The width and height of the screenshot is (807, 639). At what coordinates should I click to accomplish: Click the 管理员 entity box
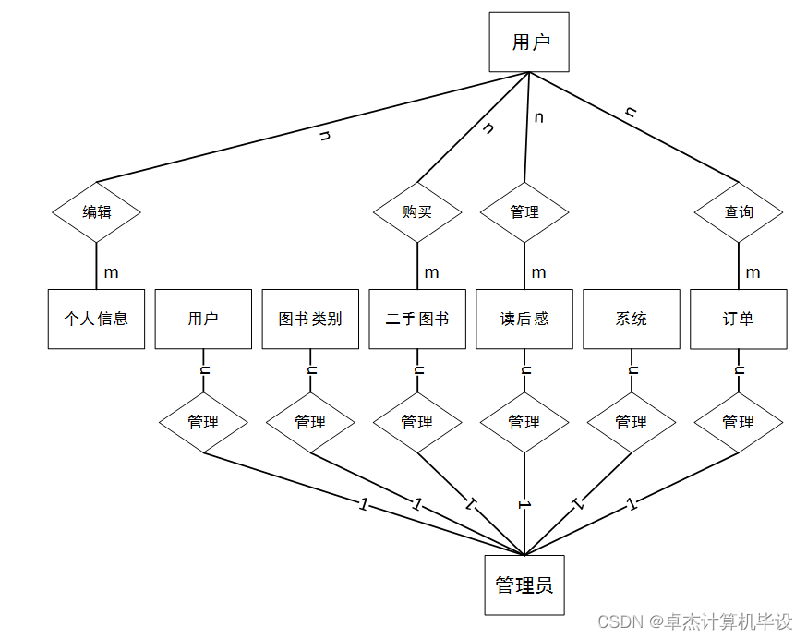[x=524, y=585]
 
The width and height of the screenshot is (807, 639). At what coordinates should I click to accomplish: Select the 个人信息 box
[x=96, y=319]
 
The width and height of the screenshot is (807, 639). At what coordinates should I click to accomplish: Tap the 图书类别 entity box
[x=310, y=319]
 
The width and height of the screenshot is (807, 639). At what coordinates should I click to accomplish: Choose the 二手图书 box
[x=417, y=319]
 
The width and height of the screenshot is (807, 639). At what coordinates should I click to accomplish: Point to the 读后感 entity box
[x=524, y=319]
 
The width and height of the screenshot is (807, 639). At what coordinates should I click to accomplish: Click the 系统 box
[x=632, y=319]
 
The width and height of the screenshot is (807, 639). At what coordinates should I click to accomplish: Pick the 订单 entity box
[x=739, y=319]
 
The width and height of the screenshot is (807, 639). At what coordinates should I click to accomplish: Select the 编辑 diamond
[x=96, y=211]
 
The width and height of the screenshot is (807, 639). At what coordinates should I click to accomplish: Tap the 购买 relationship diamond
[x=417, y=211]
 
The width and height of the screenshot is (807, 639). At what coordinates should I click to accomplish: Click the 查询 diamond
[x=739, y=211]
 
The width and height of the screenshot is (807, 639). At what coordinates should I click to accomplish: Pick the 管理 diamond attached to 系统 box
[x=632, y=422]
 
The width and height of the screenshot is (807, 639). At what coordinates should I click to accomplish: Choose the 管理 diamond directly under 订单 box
[x=739, y=422]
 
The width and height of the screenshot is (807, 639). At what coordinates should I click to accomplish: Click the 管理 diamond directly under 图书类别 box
[x=310, y=422]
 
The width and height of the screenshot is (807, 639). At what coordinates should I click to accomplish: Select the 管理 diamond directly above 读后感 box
[x=524, y=211]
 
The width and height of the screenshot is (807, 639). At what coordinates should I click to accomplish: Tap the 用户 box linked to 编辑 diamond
[x=529, y=42]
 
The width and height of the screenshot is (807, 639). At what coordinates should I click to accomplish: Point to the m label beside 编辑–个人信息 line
[x=111, y=272]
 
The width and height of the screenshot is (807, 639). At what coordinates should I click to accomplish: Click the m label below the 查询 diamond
[x=753, y=272]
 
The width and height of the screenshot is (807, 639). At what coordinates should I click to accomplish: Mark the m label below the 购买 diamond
[x=432, y=272]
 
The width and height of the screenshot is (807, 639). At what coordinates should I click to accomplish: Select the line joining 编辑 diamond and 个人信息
[x=96, y=266]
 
